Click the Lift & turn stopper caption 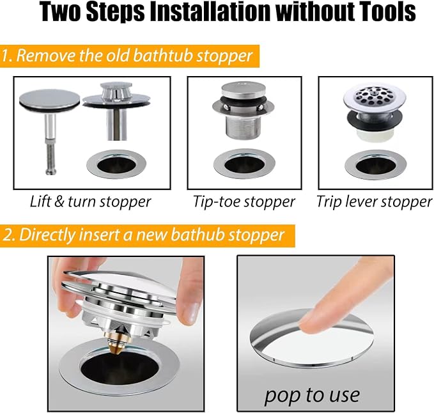[x=91, y=201]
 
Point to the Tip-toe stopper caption [x=244, y=201]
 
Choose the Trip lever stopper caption [x=374, y=201]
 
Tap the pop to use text [x=312, y=395]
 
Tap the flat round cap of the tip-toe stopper [x=244, y=90]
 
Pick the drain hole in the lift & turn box [x=116, y=165]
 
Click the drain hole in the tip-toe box [x=244, y=165]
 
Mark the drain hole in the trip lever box [x=375, y=166]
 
